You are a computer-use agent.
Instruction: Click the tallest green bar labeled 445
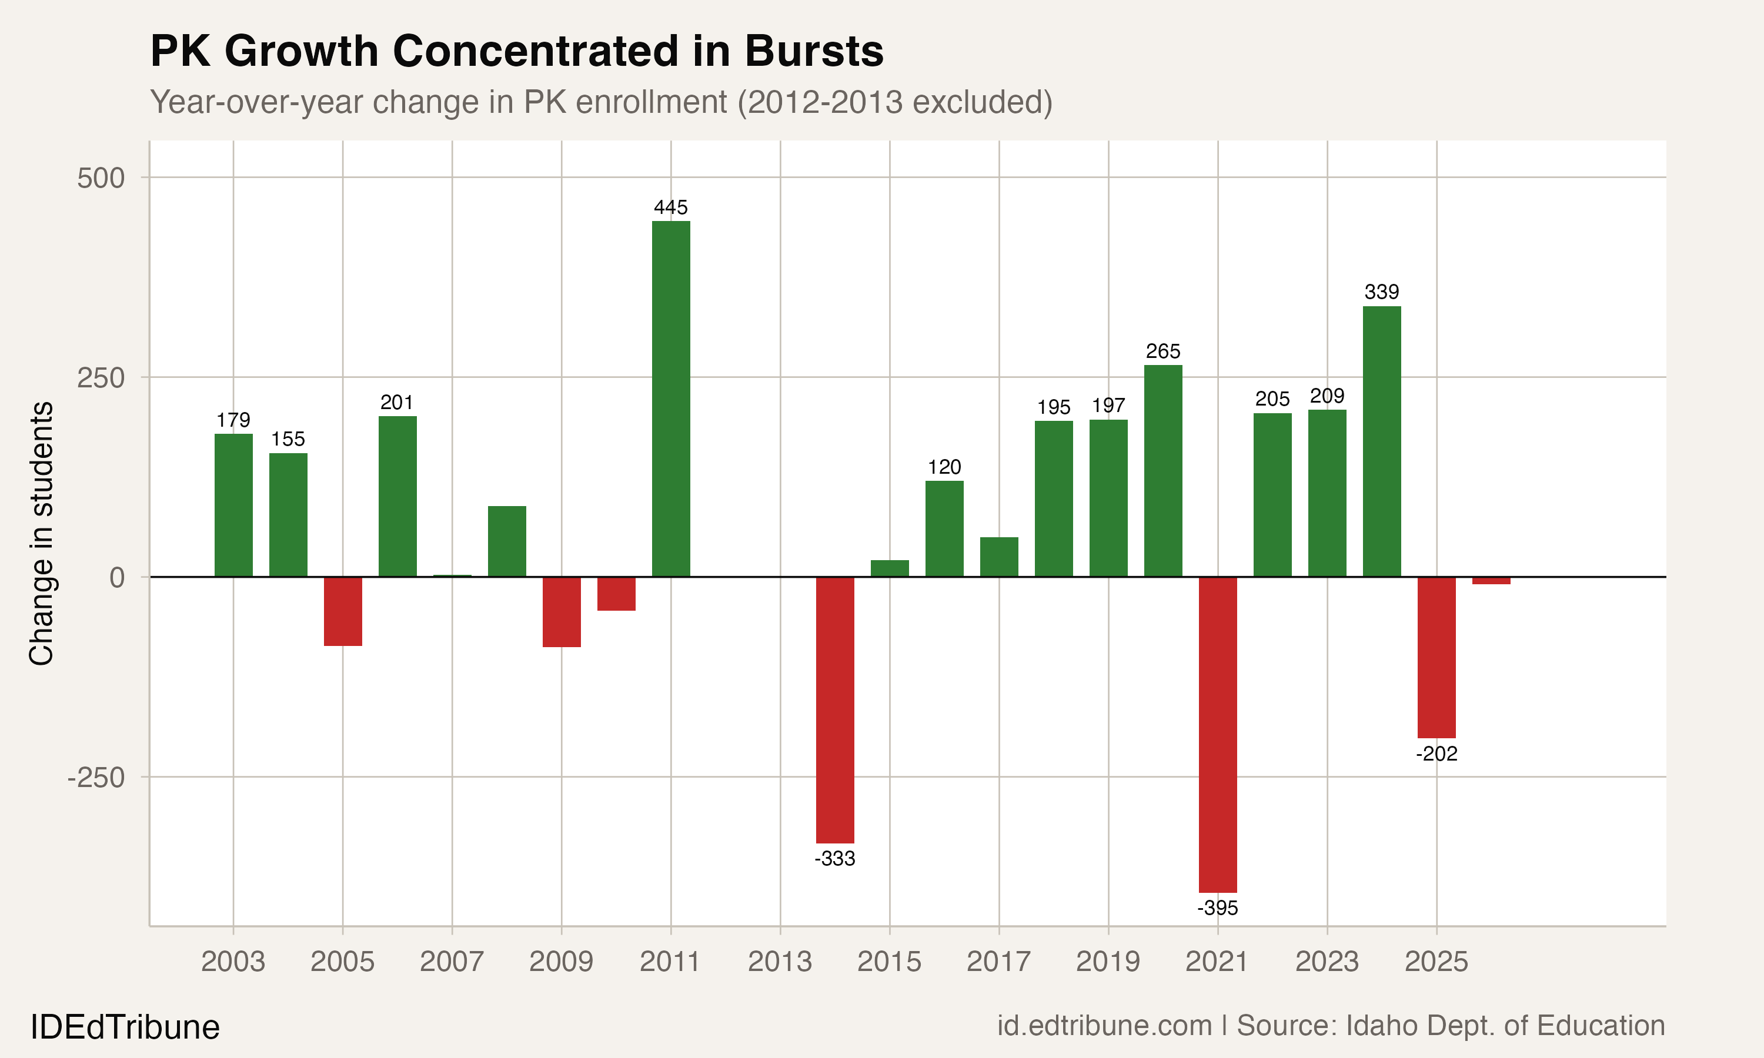pyautogui.click(x=671, y=399)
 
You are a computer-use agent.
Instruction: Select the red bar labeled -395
pyautogui.click(x=1218, y=734)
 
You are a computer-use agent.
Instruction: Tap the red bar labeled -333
pyautogui.click(x=835, y=710)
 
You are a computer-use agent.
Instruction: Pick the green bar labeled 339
pyautogui.click(x=1382, y=441)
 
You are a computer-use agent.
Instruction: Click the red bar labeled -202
pyautogui.click(x=1436, y=657)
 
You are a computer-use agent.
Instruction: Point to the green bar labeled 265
pyautogui.click(x=1163, y=471)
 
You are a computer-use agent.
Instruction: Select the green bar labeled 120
pyautogui.click(x=945, y=528)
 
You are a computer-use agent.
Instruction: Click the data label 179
pyautogui.click(x=233, y=420)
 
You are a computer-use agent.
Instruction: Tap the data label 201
pyautogui.click(x=397, y=403)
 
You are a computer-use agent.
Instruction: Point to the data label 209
pyautogui.click(x=1327, y=396)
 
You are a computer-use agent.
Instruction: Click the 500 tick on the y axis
pyautogui.click(x=101, y=178)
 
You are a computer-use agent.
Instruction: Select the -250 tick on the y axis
pyautogui.click(x=96, y=777)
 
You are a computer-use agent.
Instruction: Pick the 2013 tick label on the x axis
pyautogui.click(x=780, y=962)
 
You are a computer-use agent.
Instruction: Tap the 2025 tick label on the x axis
pyautogui.click(x=1436, y=962)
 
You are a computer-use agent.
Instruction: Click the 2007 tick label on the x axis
pyautogui.click(x=452, y=962)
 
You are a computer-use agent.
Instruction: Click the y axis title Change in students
pyautogui.click(x=41, y=533)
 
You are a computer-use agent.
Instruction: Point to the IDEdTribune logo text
pyautogui.click(x=125, y=1027)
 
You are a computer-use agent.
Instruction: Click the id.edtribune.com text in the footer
pyautogui.click(x=1104, y=1026)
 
